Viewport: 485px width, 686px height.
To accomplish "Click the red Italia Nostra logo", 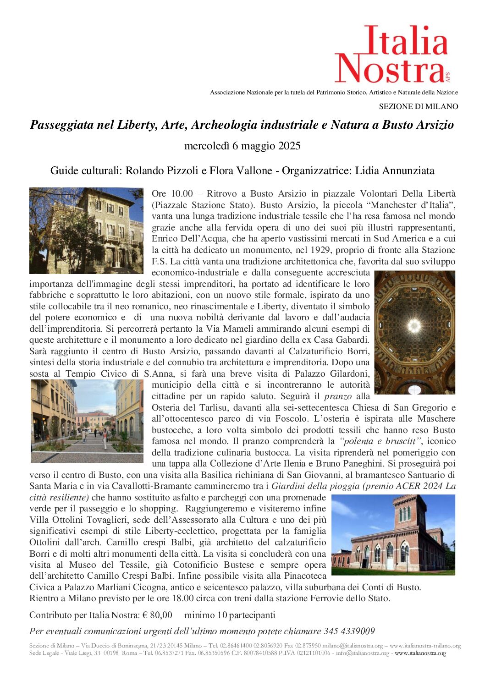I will [392, 54].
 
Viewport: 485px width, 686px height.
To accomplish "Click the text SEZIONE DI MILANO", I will [418, 106].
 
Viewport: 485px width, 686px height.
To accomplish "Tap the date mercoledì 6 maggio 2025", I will [242, 146].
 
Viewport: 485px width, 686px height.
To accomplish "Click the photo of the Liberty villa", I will [86, 230].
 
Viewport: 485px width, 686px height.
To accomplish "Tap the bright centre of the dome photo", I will [414, 326].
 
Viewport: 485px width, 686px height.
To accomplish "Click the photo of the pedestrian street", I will [87, 421].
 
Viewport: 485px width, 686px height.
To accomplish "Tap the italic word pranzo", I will [338, 396].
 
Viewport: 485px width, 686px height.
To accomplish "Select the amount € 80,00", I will [157, 615].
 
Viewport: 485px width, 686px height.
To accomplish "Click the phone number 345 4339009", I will [349, 631].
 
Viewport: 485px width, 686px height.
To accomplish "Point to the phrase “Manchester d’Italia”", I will [400, 205].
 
